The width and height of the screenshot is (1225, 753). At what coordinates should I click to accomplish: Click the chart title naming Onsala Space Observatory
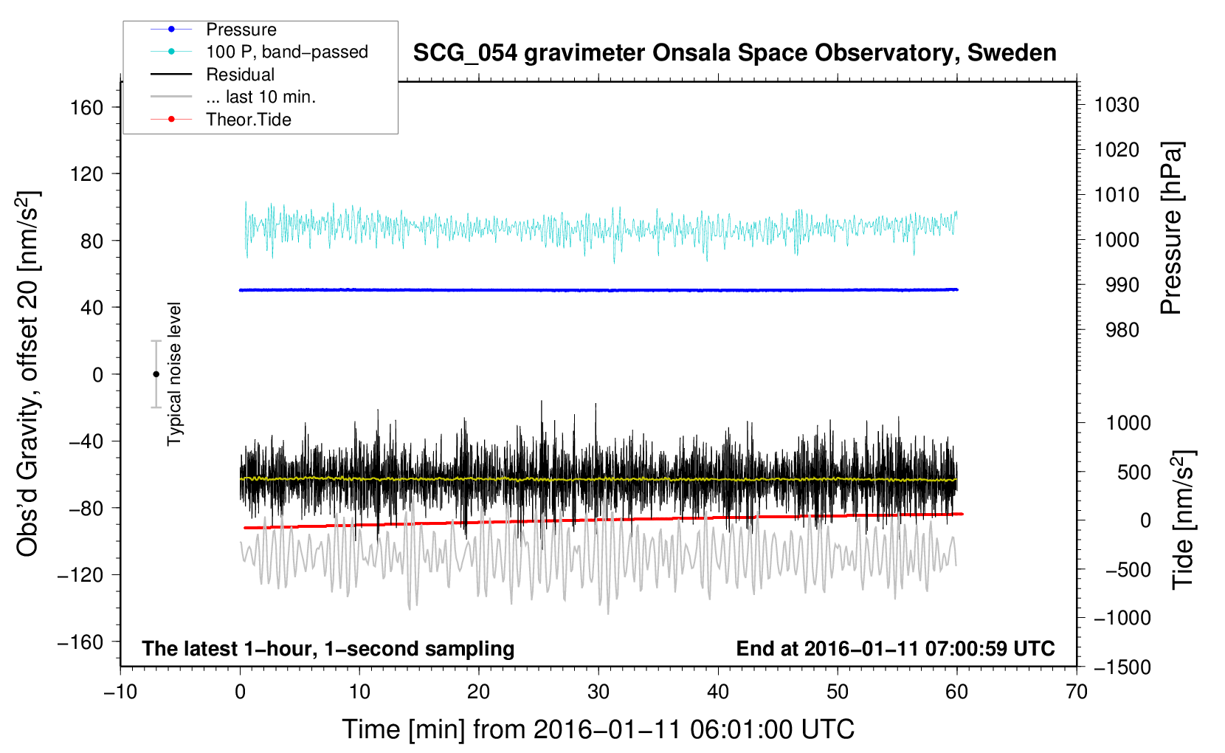734,53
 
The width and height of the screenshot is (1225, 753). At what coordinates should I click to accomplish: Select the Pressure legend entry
241,30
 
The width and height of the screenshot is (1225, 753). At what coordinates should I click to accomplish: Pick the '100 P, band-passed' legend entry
286,52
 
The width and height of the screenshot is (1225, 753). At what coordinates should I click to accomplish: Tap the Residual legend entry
240,75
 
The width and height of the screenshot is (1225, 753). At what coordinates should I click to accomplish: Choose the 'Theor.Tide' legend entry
248,120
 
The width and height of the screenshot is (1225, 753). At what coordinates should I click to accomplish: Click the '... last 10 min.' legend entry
260,97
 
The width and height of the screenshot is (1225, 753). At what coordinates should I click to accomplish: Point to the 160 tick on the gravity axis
87,108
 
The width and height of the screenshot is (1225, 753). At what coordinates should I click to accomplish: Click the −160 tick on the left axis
81,642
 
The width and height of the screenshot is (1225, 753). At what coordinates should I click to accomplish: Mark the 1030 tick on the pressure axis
1117,105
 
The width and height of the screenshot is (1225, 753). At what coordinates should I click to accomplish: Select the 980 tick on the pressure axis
1122,330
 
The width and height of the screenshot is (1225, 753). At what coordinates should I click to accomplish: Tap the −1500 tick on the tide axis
1122,667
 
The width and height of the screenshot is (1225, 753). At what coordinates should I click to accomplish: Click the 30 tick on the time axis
598,692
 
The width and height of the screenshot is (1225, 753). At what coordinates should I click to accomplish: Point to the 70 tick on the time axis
1077,692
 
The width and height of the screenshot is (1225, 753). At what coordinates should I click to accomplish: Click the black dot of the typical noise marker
156,374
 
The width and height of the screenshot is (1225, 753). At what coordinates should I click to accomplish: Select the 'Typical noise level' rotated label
174,374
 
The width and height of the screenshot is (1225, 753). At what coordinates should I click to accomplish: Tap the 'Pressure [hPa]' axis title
1171,228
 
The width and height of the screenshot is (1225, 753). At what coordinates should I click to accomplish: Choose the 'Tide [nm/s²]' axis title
1183,520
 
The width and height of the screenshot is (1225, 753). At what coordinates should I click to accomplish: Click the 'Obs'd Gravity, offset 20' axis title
28,374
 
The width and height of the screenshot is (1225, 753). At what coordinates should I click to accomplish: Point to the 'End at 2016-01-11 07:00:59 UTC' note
895,648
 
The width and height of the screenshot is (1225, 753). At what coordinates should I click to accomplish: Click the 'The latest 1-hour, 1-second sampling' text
328,648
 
